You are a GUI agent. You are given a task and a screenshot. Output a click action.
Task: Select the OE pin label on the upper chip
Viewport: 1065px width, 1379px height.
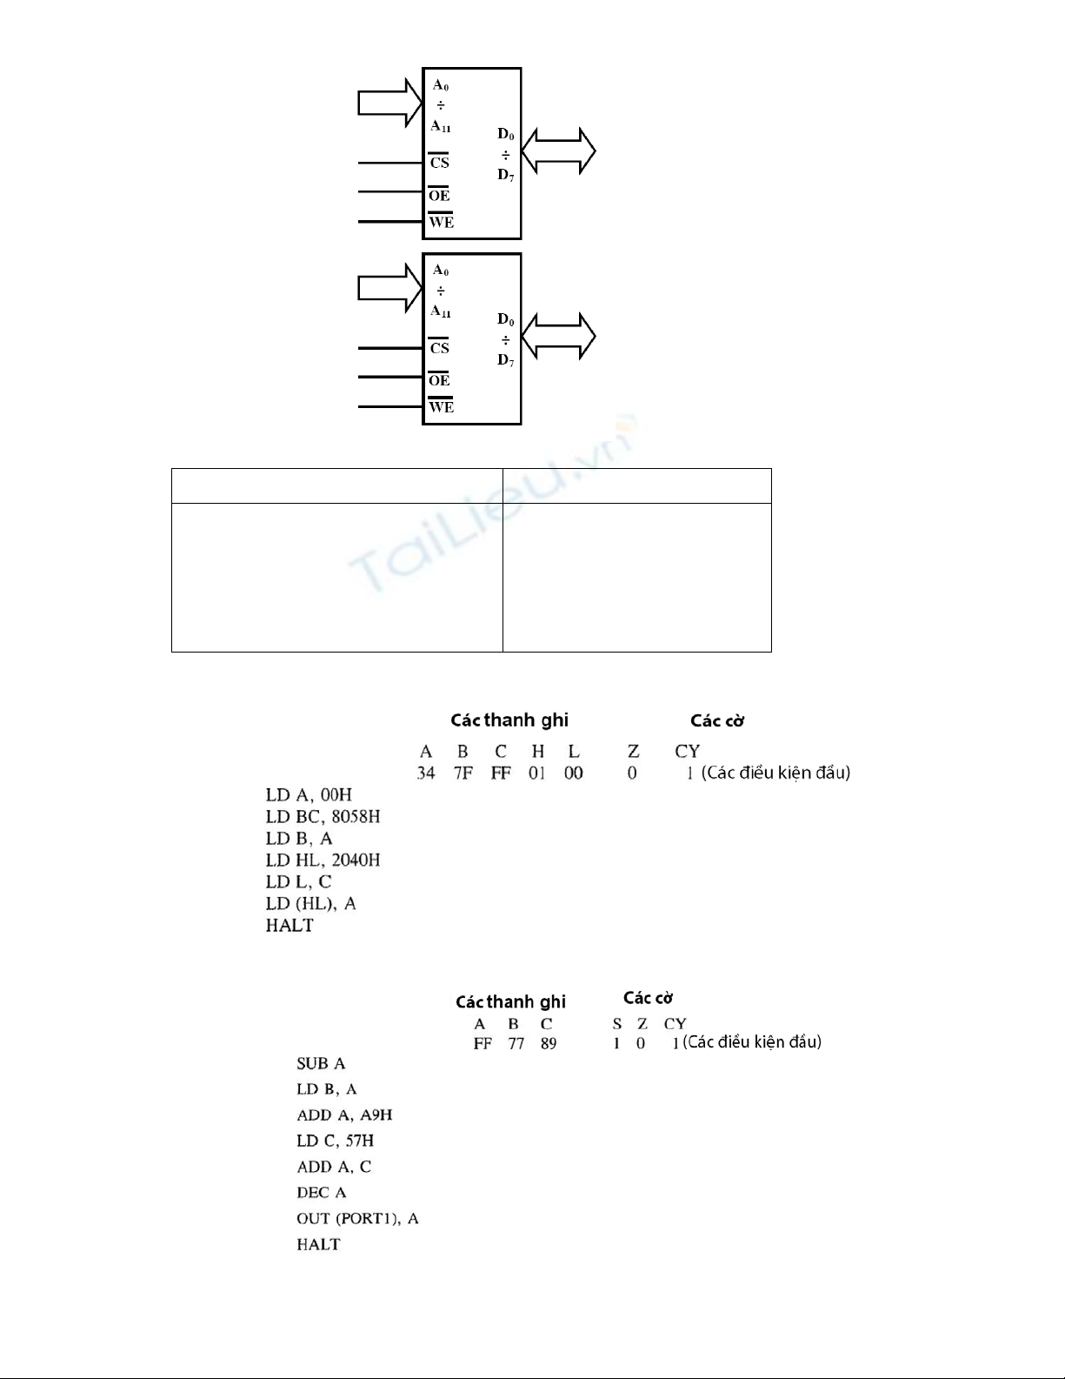pyautogui.click(x=439, y=194)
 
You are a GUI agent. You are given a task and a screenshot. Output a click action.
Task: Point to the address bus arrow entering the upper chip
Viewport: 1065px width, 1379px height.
pyautogui.click(x=389, y=103)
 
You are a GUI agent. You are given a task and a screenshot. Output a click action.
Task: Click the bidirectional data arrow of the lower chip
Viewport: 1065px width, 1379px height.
pyautogui.click(x=558, y=336)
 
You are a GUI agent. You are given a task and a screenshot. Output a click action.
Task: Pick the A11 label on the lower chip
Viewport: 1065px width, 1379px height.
pyautogui.click(x=441, y=311)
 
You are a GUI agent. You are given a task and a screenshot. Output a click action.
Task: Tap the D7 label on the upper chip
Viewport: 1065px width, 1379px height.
pyautogui.click(x=505, y=175)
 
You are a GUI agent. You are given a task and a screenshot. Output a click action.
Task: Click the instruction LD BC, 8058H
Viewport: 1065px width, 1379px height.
pyautogui.click(x=323, y=816)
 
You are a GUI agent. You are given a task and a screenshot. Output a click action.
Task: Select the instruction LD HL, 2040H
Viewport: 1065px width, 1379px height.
pyautogui.click(x=323, y=860)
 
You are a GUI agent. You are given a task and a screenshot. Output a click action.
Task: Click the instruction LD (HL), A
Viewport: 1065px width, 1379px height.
pyautogui.click(x=310, y=904)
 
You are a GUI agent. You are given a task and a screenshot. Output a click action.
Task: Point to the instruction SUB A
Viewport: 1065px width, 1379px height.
pyautogui.click(x=321, y=1063)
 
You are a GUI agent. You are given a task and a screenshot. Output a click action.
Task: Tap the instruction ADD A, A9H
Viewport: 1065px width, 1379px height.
pyautogui.click(x=344, y=1115)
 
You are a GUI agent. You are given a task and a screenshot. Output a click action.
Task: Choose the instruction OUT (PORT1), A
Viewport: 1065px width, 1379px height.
pyautogui.click(x=357, y=1218)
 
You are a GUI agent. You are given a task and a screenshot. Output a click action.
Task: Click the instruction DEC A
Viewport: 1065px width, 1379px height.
pyautogui.click(x=322, y=1193)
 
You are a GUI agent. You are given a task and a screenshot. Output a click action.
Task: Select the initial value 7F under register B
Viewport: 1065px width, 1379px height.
pyautogui.click(x=463, y=773)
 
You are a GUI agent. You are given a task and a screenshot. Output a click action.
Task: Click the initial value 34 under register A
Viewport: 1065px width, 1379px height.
pyautogui.click(x=425, y=773)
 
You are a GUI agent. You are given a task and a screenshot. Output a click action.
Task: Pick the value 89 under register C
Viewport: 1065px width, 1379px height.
pyautogui.click(x=549, y=1043)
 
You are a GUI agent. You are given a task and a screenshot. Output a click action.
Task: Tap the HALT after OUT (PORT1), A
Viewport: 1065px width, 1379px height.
pyautogui.click(x=318, y=1244)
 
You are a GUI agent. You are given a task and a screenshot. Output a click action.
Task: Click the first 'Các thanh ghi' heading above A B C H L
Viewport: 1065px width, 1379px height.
pyautogui.click(x=509, y=720)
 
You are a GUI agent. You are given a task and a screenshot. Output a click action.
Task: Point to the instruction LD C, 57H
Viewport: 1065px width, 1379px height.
pyautogui.click(x=335, y=1141)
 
